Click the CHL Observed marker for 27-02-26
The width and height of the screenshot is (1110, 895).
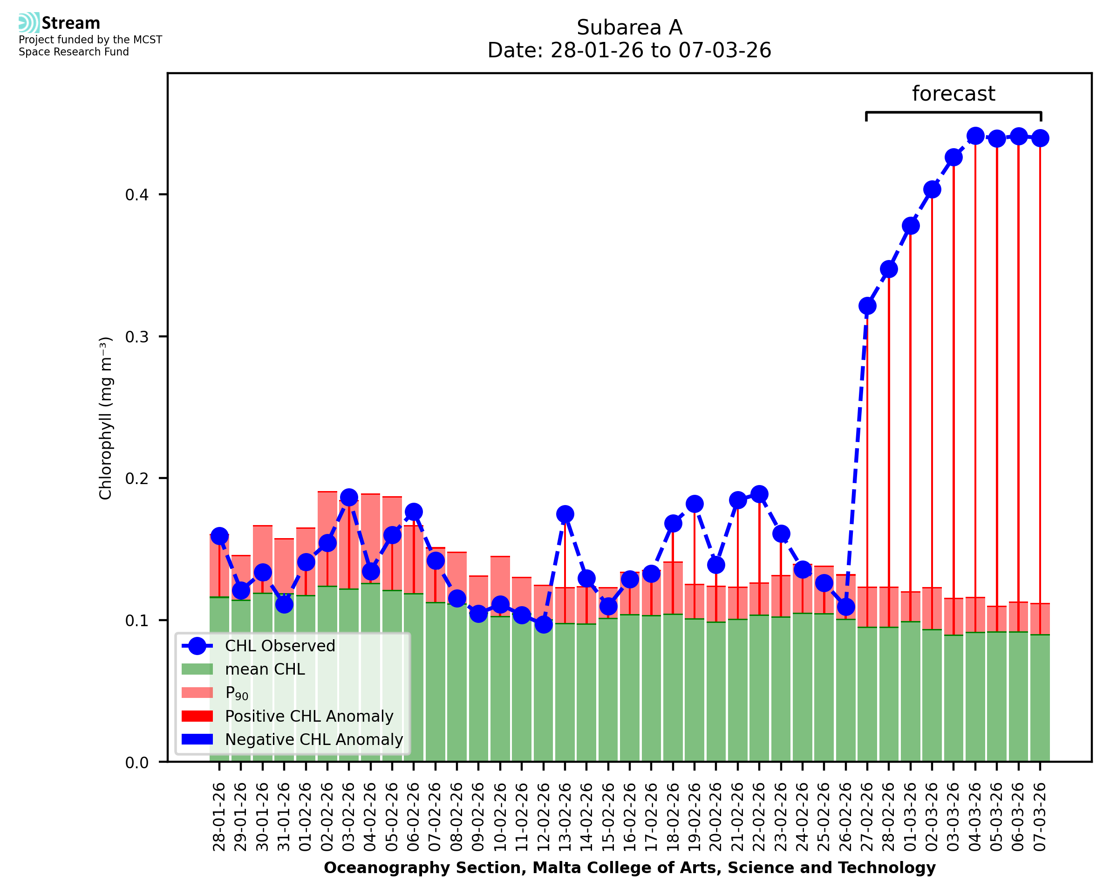click(x=867, y=306)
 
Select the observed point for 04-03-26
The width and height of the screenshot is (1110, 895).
click(x=975, y=137)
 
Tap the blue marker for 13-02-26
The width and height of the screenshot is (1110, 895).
click(x=565, y=514)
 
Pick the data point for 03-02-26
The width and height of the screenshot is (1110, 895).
click(x=349, y=498)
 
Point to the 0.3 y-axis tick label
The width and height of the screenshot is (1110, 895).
click(x=136, y=337)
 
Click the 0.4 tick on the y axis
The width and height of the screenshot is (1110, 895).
click(x=136, y=194)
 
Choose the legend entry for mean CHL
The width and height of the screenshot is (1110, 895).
click(x=265, y=669)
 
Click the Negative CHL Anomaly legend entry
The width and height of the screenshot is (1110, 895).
click(x=313, y=739)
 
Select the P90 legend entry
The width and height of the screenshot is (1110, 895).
click(x=237, y=693)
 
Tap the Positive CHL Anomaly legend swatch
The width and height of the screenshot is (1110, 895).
click(x=197, y=716)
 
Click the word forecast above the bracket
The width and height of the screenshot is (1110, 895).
click(x=953, y=94)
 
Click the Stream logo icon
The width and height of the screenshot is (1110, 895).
click(x=29, y=23)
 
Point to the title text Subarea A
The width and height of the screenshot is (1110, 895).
click(x=629, y=27)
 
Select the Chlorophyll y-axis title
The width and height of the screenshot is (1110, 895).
click(x=106, y=418)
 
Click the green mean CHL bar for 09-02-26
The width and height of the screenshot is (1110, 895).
click(x=478, y=691)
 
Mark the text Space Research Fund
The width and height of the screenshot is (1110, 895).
click(x=74, y=52)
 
